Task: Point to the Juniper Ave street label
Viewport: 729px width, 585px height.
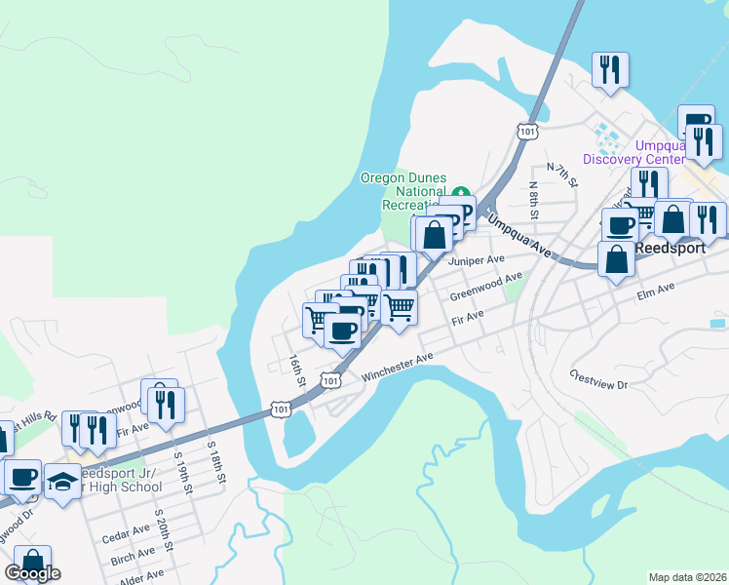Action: [x=476, y=260]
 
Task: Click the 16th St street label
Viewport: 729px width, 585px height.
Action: [x=296, y=369]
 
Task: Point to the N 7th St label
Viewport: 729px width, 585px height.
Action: [x=562, y=175]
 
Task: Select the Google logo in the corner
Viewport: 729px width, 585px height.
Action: [x=32, y=573]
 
